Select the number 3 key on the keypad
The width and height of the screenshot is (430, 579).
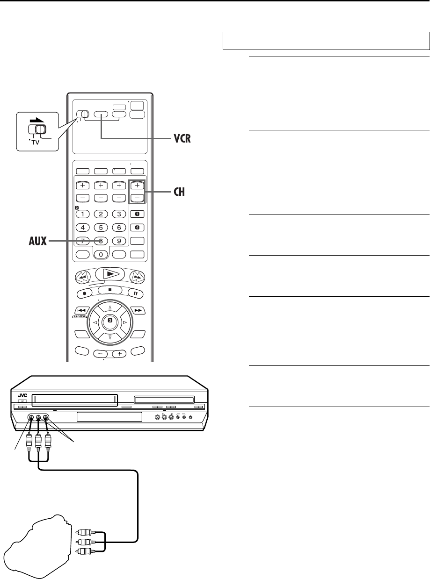[119, 214]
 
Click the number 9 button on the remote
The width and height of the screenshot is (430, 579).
[119, 242]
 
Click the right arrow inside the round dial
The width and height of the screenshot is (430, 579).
[124, 322]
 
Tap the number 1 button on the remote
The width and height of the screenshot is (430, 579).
[83, 214]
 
